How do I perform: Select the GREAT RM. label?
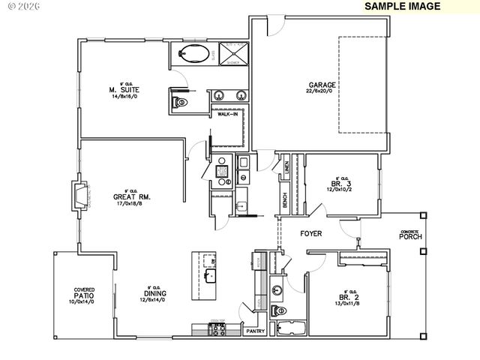tap(133, 197)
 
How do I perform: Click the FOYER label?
tap(311, 234)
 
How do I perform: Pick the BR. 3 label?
tap(341, 182)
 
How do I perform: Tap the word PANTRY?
tap(256, 331)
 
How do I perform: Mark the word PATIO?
tap(83, 295)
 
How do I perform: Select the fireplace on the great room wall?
tap(79, 195)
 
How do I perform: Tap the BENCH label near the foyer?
tap(284, 201)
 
